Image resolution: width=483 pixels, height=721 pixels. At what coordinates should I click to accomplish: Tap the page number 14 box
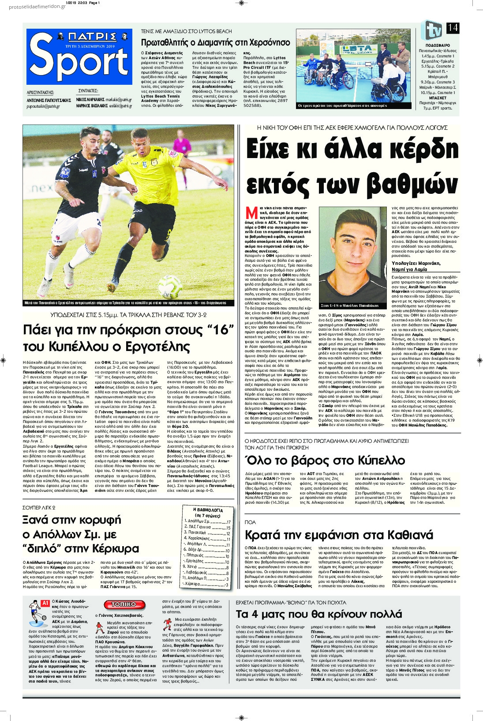point(453,28)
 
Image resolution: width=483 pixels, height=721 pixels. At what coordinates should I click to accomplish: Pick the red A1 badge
point(45,603)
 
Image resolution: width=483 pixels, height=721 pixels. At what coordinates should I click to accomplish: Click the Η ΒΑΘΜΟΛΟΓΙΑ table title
point(208,510)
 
